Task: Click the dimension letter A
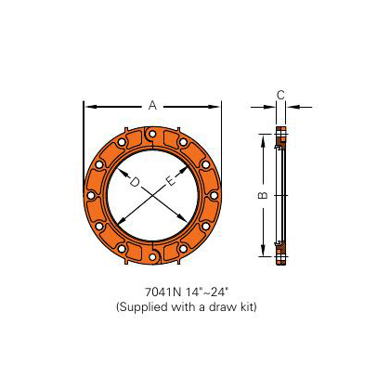click(x=152, y=105)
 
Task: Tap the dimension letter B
click(x=263, y=196)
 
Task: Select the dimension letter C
click(x=280, y=94)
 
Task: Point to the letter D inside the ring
click(x=135, y=183)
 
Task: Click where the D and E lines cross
click(x=153, y=196)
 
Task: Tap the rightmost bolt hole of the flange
click(x=214, y=196)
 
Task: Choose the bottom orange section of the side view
click(x=280, y=251)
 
